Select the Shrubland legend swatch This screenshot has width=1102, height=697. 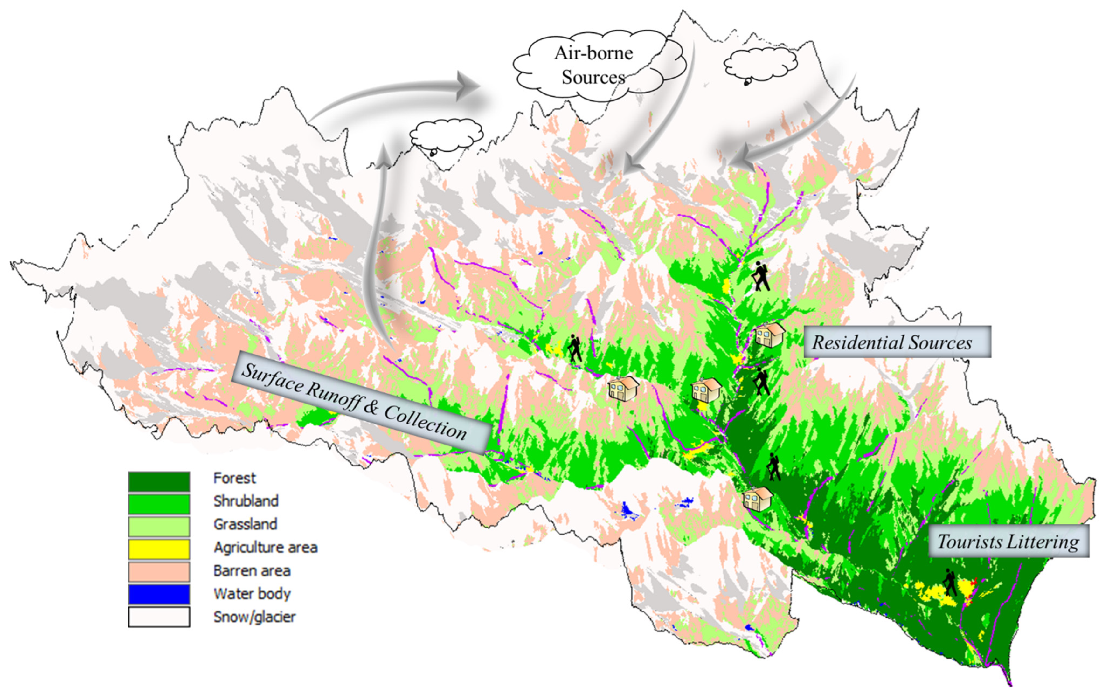(159, 504)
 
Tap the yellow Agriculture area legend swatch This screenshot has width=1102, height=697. (159, 549)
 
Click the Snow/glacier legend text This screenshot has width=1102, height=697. (254, 617)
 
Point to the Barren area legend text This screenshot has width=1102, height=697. (252, 571)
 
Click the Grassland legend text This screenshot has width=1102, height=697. (245, 524)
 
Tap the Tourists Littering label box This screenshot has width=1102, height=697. (1008, 542)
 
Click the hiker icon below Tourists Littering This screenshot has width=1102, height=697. (950, 582)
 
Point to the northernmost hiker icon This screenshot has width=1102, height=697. (761, 276)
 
